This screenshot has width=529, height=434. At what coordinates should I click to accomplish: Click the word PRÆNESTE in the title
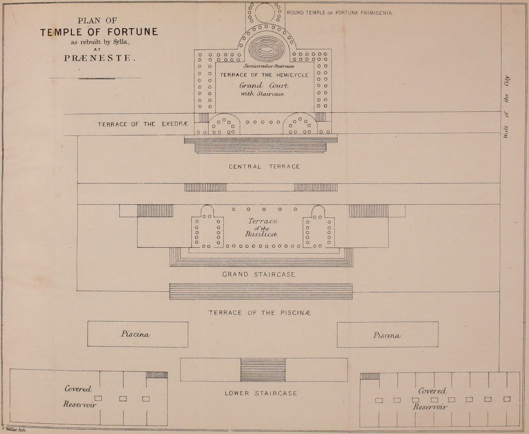[99, 58]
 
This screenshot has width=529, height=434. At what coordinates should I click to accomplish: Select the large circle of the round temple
[265, 12]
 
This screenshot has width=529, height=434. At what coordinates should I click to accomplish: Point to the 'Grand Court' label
[264, 86]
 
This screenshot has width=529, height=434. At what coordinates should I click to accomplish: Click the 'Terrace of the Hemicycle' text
[264, 75]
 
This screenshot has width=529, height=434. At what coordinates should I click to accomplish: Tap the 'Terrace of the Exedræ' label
[143, 125]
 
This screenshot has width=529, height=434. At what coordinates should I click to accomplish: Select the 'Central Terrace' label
[264, 166]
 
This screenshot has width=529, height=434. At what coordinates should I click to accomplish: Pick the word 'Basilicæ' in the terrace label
[261, 234]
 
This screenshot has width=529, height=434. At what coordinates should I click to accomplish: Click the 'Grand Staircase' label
[259, 275]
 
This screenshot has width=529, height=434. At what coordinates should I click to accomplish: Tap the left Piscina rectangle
[138, 335]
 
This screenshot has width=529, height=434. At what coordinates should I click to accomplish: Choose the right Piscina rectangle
[387, 335]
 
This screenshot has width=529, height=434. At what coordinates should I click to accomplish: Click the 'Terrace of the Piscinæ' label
[260, 313]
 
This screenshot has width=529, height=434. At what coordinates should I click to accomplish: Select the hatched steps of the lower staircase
[263, 370]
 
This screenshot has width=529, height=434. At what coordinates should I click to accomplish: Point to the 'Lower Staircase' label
[261, 394]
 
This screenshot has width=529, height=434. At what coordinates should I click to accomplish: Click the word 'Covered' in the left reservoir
[78, 389]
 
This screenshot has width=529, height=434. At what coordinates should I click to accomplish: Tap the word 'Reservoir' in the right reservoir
[430, 407]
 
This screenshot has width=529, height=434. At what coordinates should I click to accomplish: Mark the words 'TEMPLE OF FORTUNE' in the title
[99, 32]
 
